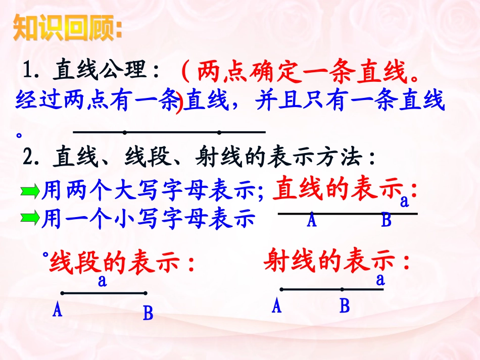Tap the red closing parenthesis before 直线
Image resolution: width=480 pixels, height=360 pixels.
178,105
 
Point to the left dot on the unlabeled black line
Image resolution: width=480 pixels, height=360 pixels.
125,133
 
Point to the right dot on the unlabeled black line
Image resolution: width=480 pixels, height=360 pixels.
219,133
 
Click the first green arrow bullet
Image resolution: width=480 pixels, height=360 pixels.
30,191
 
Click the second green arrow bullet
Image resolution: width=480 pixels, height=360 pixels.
30,219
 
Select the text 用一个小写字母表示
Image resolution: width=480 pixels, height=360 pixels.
148,219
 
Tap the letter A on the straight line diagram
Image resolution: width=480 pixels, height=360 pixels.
312,221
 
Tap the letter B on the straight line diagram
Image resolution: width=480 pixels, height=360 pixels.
387,221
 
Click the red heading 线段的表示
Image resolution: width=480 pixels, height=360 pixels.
121,263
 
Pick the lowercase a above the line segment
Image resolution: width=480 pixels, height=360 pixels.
102,281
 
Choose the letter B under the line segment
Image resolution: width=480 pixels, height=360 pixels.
148,314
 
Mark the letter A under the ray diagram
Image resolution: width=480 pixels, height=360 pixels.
276,306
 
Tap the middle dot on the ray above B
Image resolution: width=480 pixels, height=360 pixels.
342,290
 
